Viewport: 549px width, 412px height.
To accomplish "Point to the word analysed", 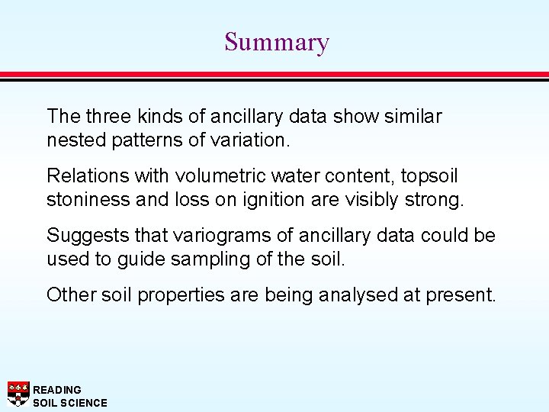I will click(x=350, y=295).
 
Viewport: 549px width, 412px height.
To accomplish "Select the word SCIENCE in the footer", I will click(x=82, y=402).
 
